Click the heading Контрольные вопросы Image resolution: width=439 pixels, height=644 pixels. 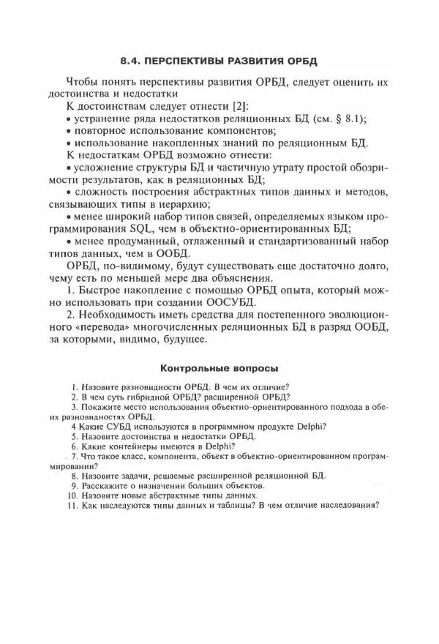[x=219, y=367]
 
